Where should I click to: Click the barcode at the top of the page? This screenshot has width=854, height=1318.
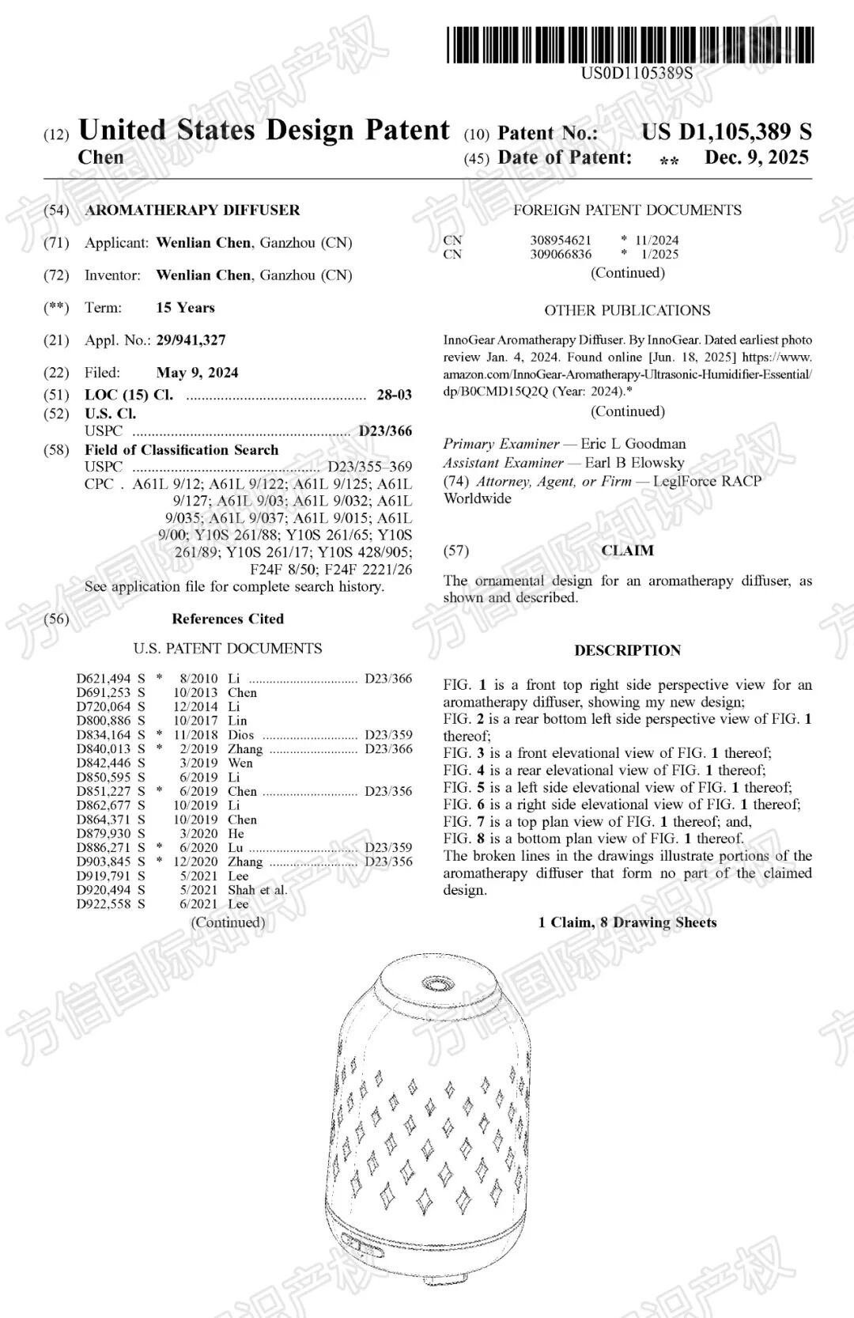click(629, 44)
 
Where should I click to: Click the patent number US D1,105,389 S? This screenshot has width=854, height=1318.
click(726, 132)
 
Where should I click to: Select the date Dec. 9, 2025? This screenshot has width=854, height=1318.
click(756, 157)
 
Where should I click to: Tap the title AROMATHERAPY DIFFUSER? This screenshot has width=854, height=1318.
click(192, 210)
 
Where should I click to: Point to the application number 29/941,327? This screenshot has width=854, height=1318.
click(191, 340)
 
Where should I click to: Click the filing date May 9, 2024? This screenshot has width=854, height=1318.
click(197, 373)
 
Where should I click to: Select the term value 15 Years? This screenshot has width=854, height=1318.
click(185, 308)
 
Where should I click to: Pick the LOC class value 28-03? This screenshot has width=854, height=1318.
click(394, 395)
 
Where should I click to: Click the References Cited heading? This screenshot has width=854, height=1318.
click(228, 619)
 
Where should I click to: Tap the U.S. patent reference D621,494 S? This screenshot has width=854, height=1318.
click(111, 678)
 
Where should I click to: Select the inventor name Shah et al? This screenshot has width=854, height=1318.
click(257, 890)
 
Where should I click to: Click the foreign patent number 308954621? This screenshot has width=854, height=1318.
click(561, 240)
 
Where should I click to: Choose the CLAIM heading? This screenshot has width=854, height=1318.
click(627, 551)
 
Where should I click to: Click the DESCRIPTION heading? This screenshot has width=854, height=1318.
click(627, 650)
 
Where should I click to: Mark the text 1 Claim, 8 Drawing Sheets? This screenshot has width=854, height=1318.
click(627, 922)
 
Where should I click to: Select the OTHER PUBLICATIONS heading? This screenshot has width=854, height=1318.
click(627, 311)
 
